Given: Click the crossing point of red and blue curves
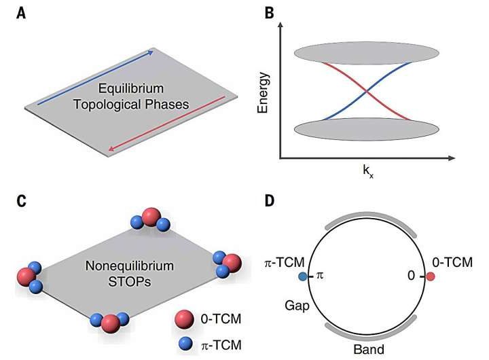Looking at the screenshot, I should [x=366, y=92].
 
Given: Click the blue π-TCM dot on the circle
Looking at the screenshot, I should [x=302, y=276].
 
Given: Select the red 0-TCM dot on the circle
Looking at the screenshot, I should [x=431, y=276].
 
